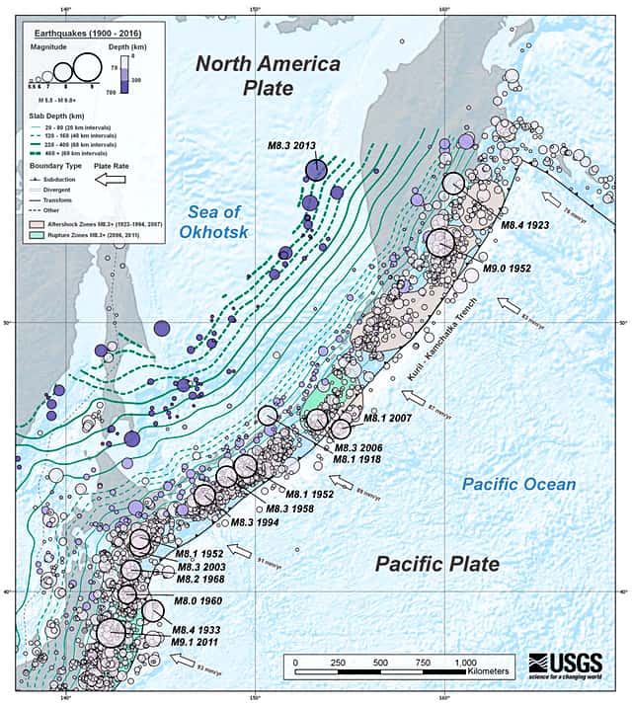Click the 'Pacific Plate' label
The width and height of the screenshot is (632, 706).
click(x=436, y=564)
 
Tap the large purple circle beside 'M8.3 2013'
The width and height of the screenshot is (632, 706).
click(x=315, y=172)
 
